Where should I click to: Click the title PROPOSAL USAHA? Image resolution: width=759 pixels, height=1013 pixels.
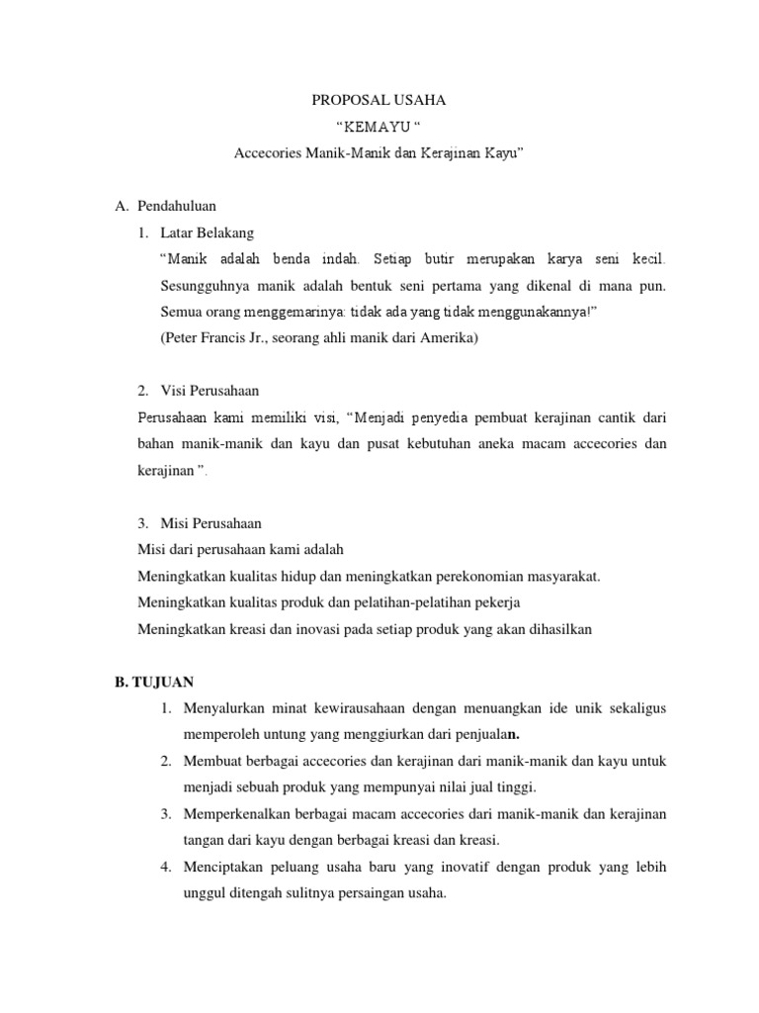point(379,101)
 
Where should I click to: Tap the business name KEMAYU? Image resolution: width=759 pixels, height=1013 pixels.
point(379,128)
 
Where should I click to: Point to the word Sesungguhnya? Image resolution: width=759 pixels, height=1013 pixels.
point(202,286)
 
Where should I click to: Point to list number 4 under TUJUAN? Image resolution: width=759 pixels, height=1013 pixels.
point(166,868)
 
